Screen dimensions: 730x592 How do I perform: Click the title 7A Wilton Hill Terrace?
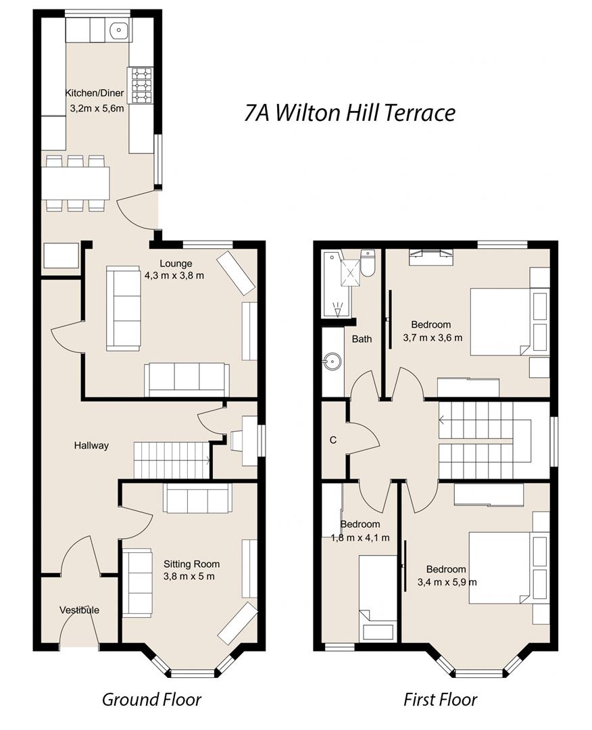point(349,113)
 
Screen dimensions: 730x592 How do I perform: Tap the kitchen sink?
point(120,30)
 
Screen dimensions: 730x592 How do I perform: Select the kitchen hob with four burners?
point(141,85)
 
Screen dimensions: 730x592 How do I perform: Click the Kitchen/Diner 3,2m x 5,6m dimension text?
point(97,107)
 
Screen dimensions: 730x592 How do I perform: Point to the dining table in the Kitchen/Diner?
point(76,182)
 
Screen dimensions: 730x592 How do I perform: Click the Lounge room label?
point(176,264)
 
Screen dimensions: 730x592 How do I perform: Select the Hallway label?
point(91,445)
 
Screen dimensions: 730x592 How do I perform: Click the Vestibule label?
point(79,610)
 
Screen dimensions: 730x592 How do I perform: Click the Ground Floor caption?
point(151,699)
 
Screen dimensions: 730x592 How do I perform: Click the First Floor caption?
point(440,699)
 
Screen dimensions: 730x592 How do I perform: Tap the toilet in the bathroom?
point(368,264)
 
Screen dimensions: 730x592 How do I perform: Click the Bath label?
point(362,339)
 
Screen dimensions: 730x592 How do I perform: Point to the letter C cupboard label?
point(332,440)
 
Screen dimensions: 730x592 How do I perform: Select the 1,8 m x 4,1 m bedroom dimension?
point(360,538)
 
